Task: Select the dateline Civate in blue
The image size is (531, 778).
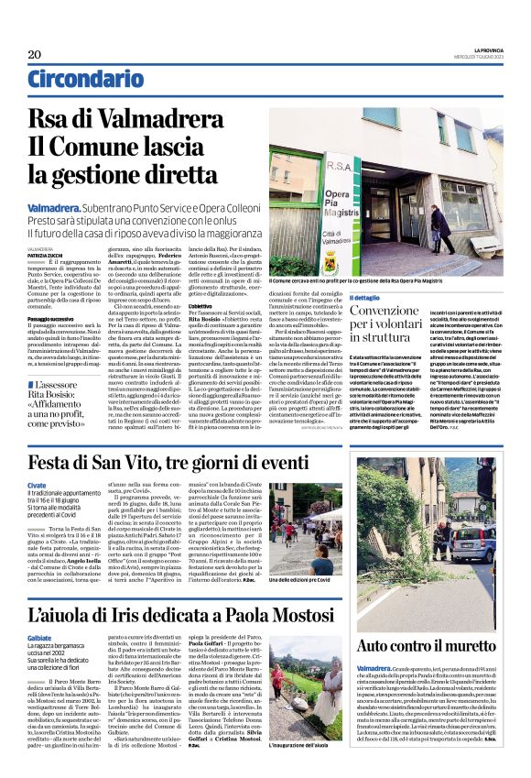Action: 37,484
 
